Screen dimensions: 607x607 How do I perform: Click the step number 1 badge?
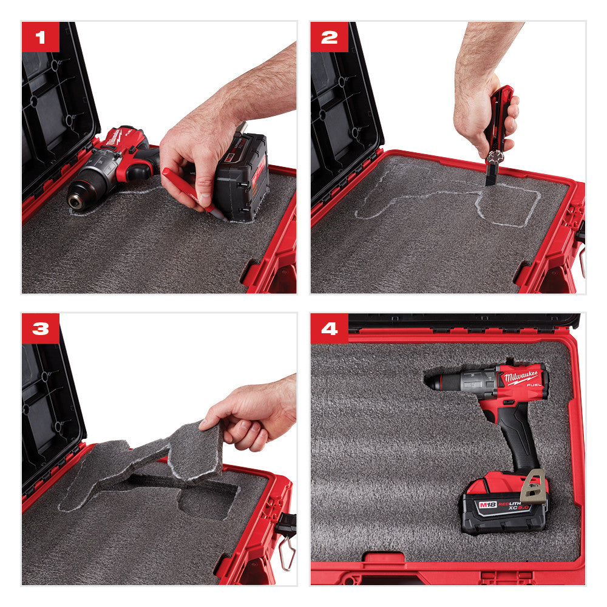click(x=40, y=37)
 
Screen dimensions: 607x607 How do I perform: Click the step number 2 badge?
click(x=329, y=37)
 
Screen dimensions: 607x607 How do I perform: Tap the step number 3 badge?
click(x=40, y=328)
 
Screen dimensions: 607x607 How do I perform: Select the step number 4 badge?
click(x=329, y=328)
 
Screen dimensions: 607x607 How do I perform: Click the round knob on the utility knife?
click(x=495, y=156)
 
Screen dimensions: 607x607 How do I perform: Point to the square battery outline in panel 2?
click(x=507, y=205)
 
